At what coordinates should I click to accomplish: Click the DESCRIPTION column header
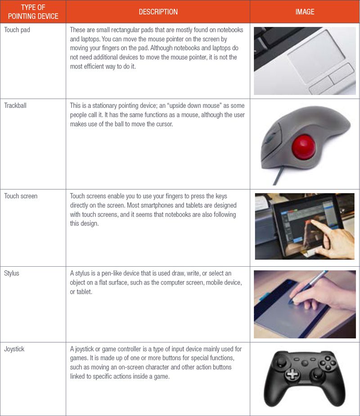click(158, 12)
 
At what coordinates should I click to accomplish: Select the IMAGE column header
click(305, 12)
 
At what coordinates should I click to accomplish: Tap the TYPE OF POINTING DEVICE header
click(33, 12)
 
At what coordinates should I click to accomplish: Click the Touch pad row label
click(17, 30)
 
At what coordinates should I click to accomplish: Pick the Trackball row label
click(16, 106)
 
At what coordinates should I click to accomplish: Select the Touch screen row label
click(21, 196)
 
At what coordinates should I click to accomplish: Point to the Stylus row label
click(12, 273)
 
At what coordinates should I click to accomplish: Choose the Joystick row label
click(14, 349)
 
